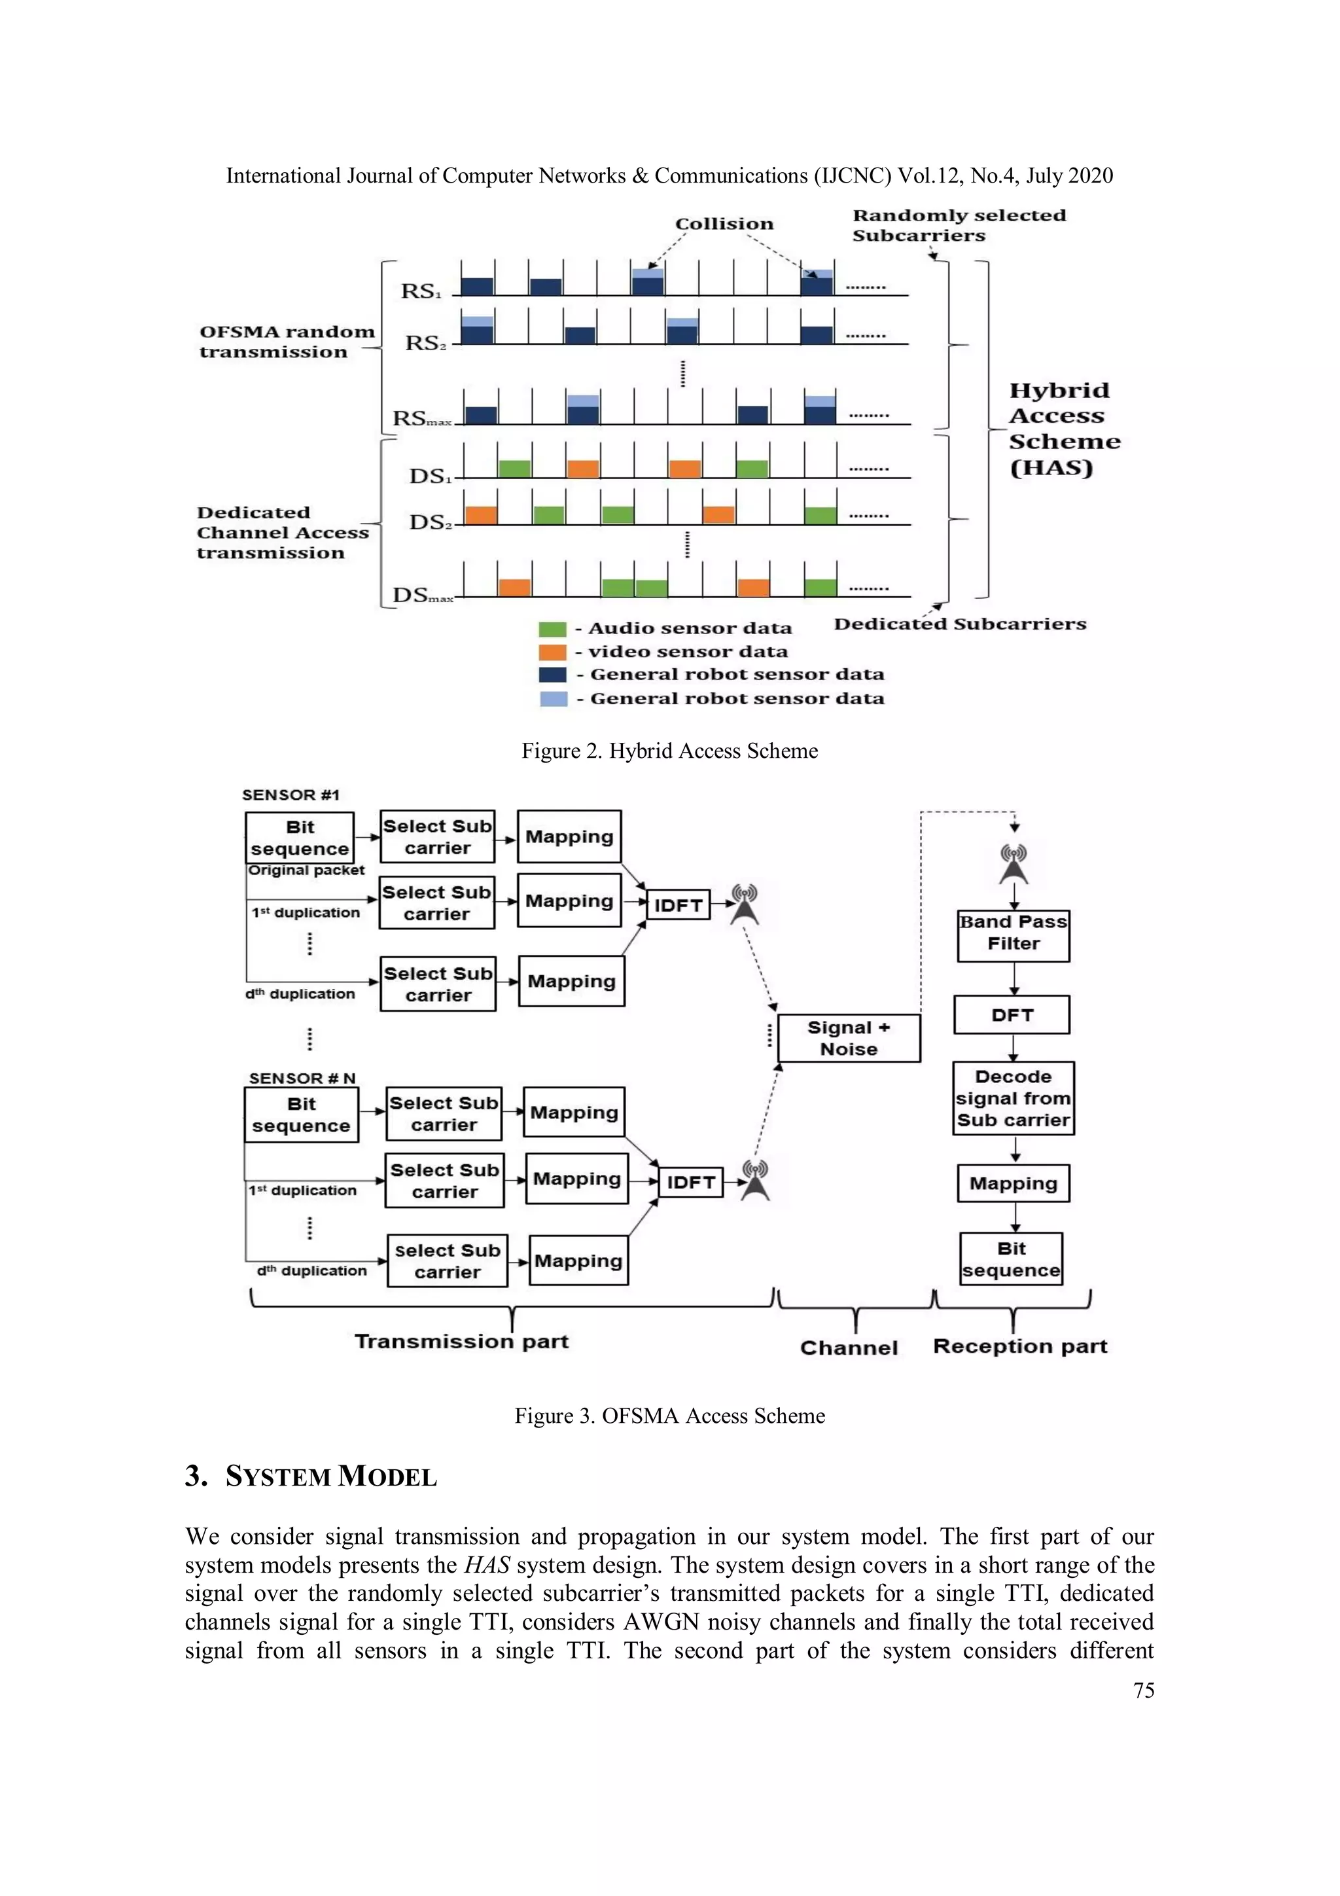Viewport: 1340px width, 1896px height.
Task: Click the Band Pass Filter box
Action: click(1013, 936)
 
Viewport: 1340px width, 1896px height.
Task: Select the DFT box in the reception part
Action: click(1012, 1015)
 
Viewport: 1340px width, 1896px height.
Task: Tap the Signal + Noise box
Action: click(849, 1038)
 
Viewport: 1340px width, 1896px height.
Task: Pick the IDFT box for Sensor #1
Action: click(678, 905)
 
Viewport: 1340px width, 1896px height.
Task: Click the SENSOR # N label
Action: click(302, 1078)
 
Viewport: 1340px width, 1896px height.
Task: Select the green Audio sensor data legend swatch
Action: click(552, 629)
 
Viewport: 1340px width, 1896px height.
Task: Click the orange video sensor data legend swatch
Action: click(552, 653)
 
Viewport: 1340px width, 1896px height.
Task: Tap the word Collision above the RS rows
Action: click(724, 224)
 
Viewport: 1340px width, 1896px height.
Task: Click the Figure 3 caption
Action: click(669, 1416)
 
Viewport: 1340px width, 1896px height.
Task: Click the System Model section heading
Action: click(311, 1476)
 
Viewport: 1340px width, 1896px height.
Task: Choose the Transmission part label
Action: click(461, 1341)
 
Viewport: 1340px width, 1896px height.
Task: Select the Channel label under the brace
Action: click(849, 1348)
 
